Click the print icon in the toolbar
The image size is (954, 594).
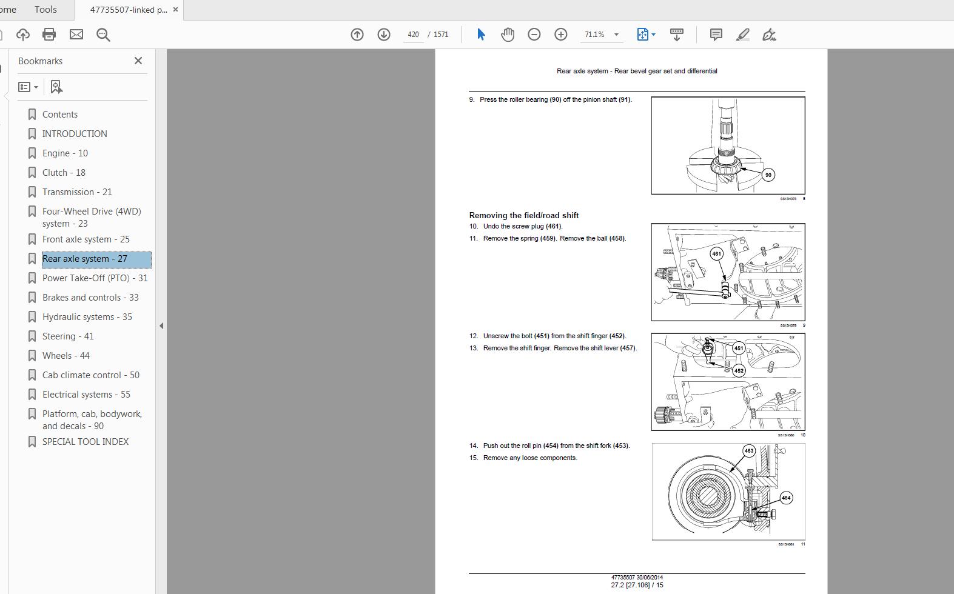tap(49, 35)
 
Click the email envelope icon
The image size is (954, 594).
tap(76, 35)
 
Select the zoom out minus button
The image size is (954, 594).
tap(534, 35)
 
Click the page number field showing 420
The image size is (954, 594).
tap(414, 35)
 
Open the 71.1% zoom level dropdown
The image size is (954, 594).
tap(616, 35)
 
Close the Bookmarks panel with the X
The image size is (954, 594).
tap(138, 61)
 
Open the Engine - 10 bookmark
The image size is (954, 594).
tap(65, 153)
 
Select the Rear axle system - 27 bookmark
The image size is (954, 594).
tap(85, 259)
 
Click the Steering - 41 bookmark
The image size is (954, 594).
tap(68, 336)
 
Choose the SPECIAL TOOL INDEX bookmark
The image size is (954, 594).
tap(86, 442)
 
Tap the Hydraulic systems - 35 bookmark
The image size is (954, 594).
tap(87, 317)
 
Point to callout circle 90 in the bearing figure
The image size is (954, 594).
tap(768, 175)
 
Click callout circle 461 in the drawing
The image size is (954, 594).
tap(717, 254)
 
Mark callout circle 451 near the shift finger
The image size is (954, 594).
tap(739, 348)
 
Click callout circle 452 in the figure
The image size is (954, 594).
tap(739, 370)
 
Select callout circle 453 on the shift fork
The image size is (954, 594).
tap(749, 451)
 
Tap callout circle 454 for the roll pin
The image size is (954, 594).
tap(786, 498)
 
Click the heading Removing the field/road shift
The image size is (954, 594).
tap(523, 215)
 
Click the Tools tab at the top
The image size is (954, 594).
tap(45, 10)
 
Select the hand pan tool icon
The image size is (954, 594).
tap(508, 35)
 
